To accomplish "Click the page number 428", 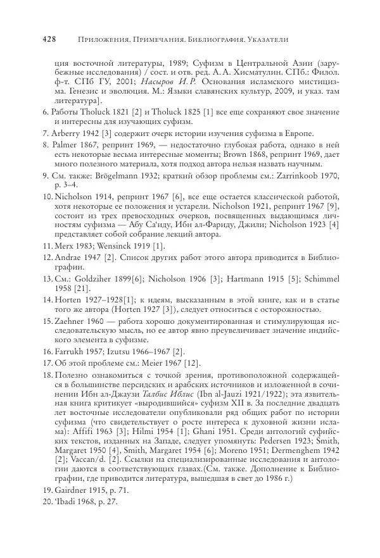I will [49, 39].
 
